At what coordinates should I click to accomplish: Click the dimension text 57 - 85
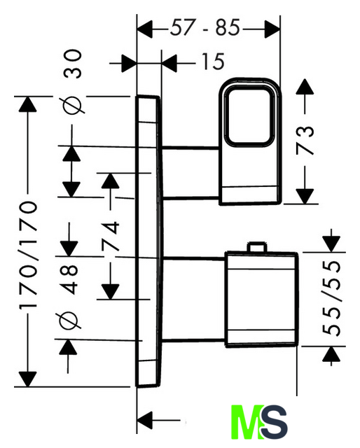205,28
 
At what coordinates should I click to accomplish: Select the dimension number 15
214,62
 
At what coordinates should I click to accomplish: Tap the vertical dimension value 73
305,140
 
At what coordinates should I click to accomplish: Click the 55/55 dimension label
332,297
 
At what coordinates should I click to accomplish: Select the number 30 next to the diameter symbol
73,64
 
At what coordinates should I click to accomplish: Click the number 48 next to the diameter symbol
69,279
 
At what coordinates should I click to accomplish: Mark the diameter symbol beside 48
69,321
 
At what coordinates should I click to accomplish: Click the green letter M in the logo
248,421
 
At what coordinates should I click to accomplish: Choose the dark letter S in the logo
275,421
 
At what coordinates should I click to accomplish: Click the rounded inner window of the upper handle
249,117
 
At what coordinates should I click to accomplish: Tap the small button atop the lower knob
257,246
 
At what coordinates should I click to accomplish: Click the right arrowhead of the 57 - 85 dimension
272,29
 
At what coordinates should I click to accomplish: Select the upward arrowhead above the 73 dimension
305,87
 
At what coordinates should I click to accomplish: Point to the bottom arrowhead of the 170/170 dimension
27,379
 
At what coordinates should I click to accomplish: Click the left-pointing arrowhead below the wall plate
145,421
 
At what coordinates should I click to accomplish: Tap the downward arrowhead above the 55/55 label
331,244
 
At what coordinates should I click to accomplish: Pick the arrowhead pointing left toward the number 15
169,62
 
